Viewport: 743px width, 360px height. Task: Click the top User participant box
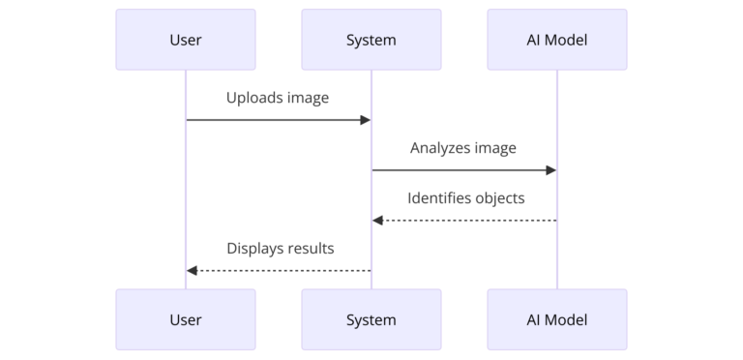pos(186,40)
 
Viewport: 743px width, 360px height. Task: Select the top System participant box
pos(371,40)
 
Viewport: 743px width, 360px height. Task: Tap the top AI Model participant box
pos(557,40)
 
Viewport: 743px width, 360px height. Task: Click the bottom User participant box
pos(186,319)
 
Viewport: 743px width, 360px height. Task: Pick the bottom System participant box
pos(371,319)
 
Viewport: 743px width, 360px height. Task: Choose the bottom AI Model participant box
pos(557,319)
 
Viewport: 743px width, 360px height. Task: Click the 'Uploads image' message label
pos(278,98)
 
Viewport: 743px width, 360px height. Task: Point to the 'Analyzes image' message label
pos(463,148)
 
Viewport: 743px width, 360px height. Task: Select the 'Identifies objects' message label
pos(465,198)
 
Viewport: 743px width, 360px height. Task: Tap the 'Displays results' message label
pos(281,249)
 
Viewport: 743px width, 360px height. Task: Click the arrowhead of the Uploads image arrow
pos(366,120)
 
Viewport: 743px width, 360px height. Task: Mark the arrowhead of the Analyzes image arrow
pos(551,170)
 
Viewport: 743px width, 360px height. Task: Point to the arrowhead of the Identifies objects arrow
pos(378,221)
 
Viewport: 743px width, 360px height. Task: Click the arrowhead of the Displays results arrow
pos(193,271)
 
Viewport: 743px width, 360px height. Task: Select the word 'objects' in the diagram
pos(498,198)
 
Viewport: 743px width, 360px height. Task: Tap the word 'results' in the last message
pos(311,249)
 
